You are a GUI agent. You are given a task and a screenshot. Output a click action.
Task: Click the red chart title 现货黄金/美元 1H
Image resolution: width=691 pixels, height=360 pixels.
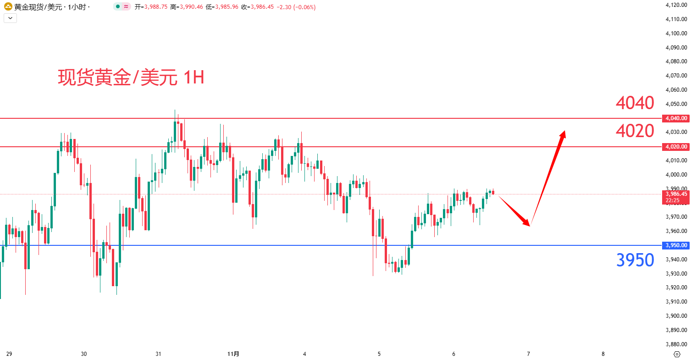click(x=131, y=78)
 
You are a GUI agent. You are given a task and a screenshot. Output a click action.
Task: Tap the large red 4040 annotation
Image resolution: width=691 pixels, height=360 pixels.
click(x=635, y=103)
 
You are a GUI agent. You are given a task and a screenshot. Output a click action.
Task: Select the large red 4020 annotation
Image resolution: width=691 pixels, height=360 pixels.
click(x=635, y=132)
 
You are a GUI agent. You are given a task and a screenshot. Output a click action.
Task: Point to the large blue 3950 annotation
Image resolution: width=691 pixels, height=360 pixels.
click(x=635, y=260)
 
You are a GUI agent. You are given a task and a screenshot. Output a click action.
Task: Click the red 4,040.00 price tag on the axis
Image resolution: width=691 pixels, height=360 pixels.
click(x=675, y=118)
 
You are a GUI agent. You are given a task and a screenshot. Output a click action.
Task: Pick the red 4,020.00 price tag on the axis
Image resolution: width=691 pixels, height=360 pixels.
click(x=675, y=147)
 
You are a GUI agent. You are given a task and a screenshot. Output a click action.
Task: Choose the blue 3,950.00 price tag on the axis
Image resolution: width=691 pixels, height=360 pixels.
click(x=675, y=245)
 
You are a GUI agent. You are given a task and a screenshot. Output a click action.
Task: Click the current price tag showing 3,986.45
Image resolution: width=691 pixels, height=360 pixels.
click(x=675, y=194)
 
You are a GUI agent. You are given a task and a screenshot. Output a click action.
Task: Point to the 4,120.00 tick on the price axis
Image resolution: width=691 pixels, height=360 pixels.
click(x=675, y=5)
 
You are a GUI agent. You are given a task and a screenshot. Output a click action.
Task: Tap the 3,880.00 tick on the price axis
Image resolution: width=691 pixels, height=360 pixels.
click(x=675, y=344)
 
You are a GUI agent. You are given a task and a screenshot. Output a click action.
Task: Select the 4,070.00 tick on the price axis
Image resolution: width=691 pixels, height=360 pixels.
click(x=675, y=76)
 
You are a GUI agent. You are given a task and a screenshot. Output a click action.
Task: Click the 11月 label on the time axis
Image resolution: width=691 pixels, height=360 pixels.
click(x=233, y=354)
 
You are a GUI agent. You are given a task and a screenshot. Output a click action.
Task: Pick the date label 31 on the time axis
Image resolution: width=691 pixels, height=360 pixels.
click(x=158, y=354)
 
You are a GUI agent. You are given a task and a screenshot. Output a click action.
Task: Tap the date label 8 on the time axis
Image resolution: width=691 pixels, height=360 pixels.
click(x=603, y=354)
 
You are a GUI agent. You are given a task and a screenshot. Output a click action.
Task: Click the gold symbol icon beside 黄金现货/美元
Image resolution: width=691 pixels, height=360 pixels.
click(x=8, y=7)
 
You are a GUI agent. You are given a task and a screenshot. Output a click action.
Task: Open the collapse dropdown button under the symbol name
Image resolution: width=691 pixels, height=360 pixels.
click(x=10, y=18)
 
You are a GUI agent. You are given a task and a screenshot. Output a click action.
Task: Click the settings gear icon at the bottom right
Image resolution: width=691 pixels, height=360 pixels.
click(x=677, y=354)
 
